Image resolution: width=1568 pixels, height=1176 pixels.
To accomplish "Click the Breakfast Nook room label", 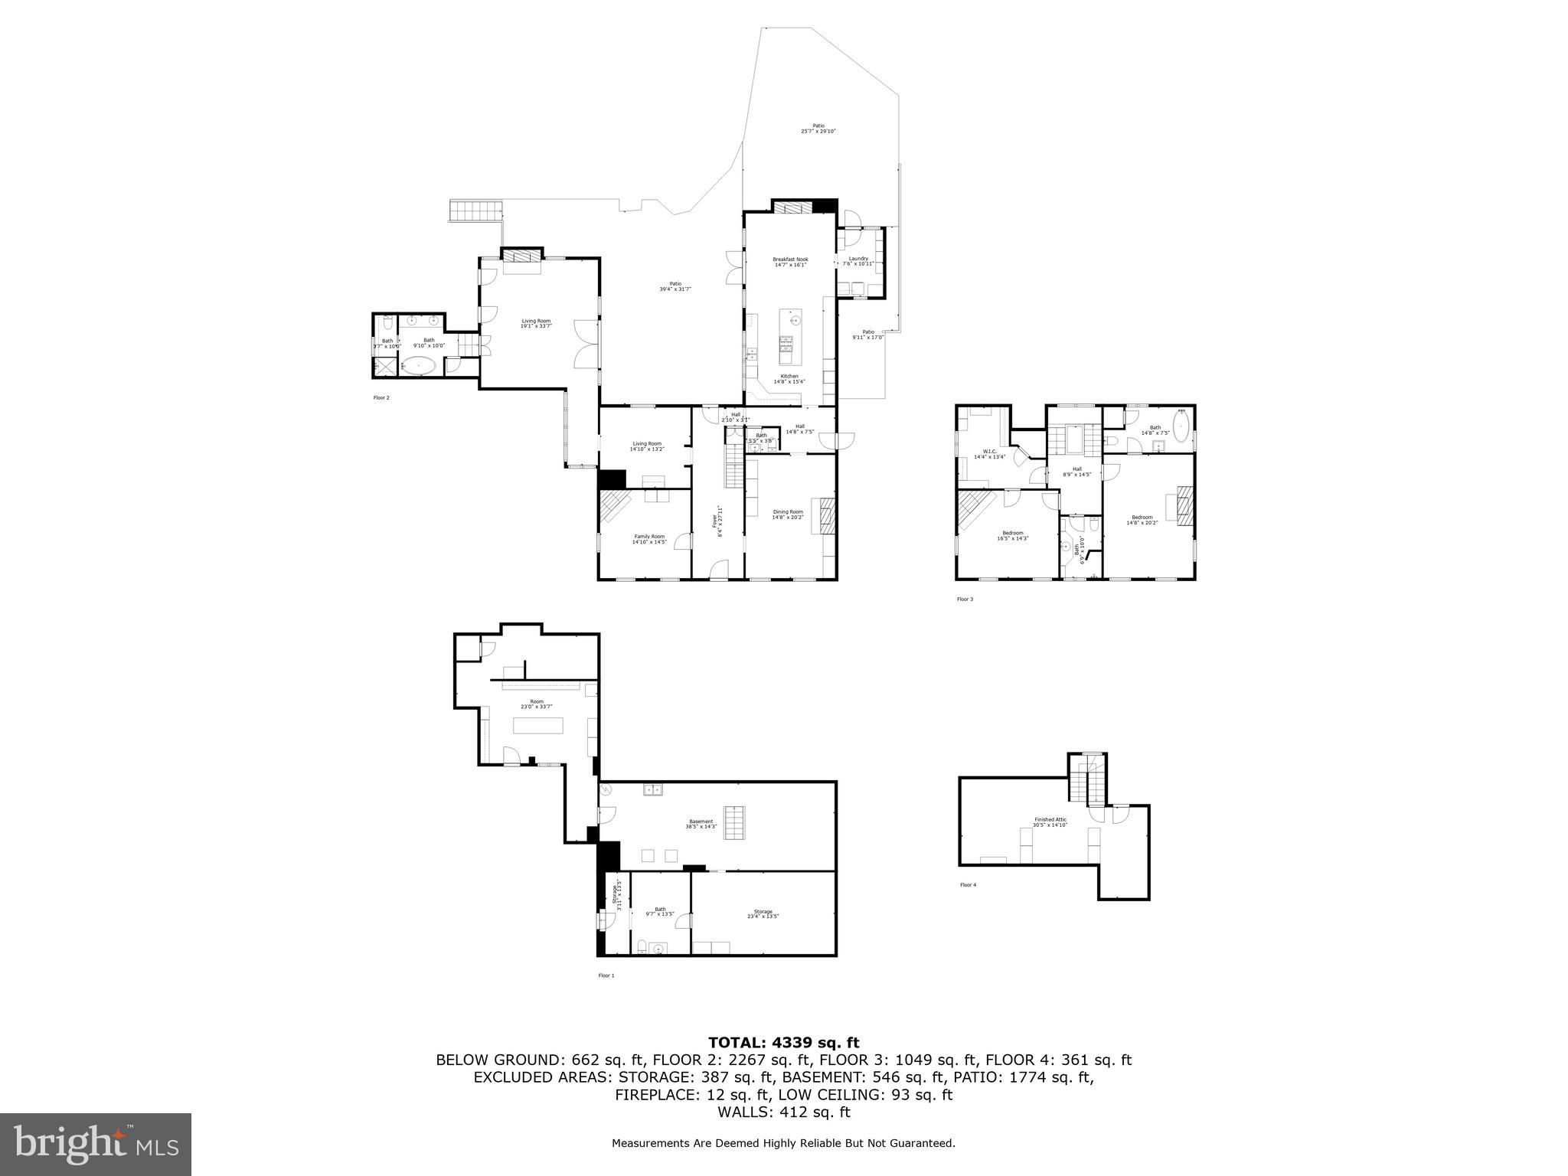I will pos(790,262).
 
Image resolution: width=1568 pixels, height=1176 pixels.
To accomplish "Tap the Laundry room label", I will pos(858,260).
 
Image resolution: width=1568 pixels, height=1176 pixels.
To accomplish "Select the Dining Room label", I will pos(788,514).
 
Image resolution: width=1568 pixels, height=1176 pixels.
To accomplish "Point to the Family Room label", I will pos(649,539).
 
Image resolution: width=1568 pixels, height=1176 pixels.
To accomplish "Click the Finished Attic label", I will pos(1050,822).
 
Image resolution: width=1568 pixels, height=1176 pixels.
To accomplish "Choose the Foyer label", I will pos(717,520).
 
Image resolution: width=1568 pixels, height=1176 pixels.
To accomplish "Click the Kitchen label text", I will pos(789,378).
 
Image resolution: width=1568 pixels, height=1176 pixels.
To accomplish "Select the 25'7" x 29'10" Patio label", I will pos(818,129).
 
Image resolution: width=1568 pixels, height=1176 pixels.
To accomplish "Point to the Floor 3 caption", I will pos(965,599).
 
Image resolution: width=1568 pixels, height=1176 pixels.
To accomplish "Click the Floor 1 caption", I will pos(606,975).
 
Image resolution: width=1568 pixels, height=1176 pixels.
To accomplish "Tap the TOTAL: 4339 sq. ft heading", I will pos(783,1042).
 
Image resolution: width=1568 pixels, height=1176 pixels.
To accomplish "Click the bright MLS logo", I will pos(96,1145).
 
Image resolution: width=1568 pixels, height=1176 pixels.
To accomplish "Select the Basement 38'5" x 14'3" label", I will pos(701,824).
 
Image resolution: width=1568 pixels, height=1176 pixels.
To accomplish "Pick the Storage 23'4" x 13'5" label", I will pos(763,913).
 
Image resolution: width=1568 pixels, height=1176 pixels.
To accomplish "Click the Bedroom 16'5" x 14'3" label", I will pos(1012,535).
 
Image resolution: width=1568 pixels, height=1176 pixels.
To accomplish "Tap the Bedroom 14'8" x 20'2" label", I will pos(1142,520).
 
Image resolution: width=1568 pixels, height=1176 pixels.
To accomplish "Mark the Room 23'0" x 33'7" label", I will pos(537,704).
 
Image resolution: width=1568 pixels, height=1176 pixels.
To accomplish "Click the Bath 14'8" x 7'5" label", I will pos(1155,430).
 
